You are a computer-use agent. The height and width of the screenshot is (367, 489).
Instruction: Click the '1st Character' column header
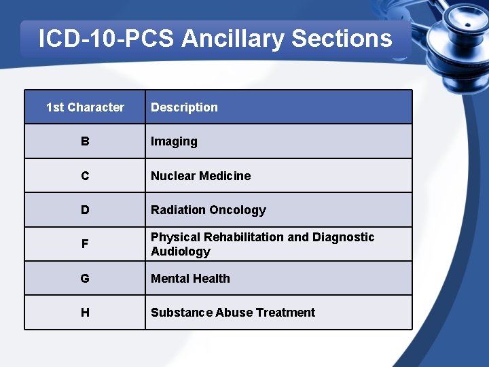[85, 107]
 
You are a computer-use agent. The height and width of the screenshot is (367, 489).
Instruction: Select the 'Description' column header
[184, 107]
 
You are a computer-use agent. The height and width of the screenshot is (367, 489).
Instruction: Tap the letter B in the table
[85, 141]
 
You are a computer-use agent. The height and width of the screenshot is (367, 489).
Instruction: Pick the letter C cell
[85, 176]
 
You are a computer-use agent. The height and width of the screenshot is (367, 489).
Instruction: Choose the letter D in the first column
[85, 210]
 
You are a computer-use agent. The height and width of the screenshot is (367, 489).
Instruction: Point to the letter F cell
[85, 244]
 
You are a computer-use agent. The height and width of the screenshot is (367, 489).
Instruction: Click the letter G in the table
[85, 279]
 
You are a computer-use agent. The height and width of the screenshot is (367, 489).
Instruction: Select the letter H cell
[85, 313]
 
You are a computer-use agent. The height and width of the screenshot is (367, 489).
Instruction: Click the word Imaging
[174, 142]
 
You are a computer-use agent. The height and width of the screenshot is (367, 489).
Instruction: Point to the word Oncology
[238, 210]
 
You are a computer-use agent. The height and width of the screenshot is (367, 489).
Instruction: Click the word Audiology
[180, 251]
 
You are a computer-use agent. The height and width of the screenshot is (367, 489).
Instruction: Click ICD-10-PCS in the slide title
[107, 39]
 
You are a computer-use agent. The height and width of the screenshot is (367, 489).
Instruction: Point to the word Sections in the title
[342, 39]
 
